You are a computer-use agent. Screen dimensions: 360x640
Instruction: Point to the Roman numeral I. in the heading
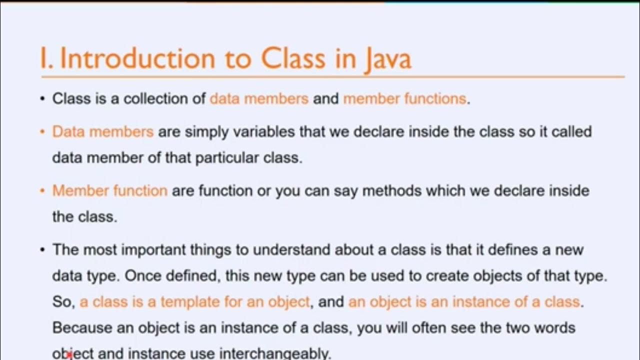pos(47,58)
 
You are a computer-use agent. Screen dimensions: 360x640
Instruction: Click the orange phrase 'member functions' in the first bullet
pos(404,98)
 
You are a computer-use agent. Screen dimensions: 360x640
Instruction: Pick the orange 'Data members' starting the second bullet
pos(102,131)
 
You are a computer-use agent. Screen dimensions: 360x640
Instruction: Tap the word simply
pos(207,132)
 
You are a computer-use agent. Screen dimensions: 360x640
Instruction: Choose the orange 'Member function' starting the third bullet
pos(109,190)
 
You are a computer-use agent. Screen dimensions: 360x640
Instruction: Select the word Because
pos(82,327)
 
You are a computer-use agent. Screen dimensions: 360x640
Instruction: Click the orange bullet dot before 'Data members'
pos(42,132)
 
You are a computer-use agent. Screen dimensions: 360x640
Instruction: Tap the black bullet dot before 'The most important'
pos(42,249)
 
